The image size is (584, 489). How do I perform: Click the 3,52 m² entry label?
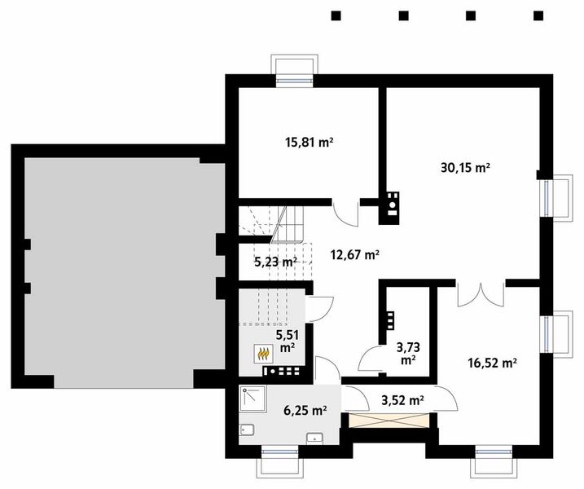coord(402,400)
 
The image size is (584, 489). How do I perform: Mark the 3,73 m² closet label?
coord(406,352)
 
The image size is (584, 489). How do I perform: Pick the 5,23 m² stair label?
coord(274,262)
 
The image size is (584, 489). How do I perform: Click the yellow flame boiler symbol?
coord(263,354)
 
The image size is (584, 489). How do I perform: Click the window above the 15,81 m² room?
coord(292,73)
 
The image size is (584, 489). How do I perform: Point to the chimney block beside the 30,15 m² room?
coord(392,206)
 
